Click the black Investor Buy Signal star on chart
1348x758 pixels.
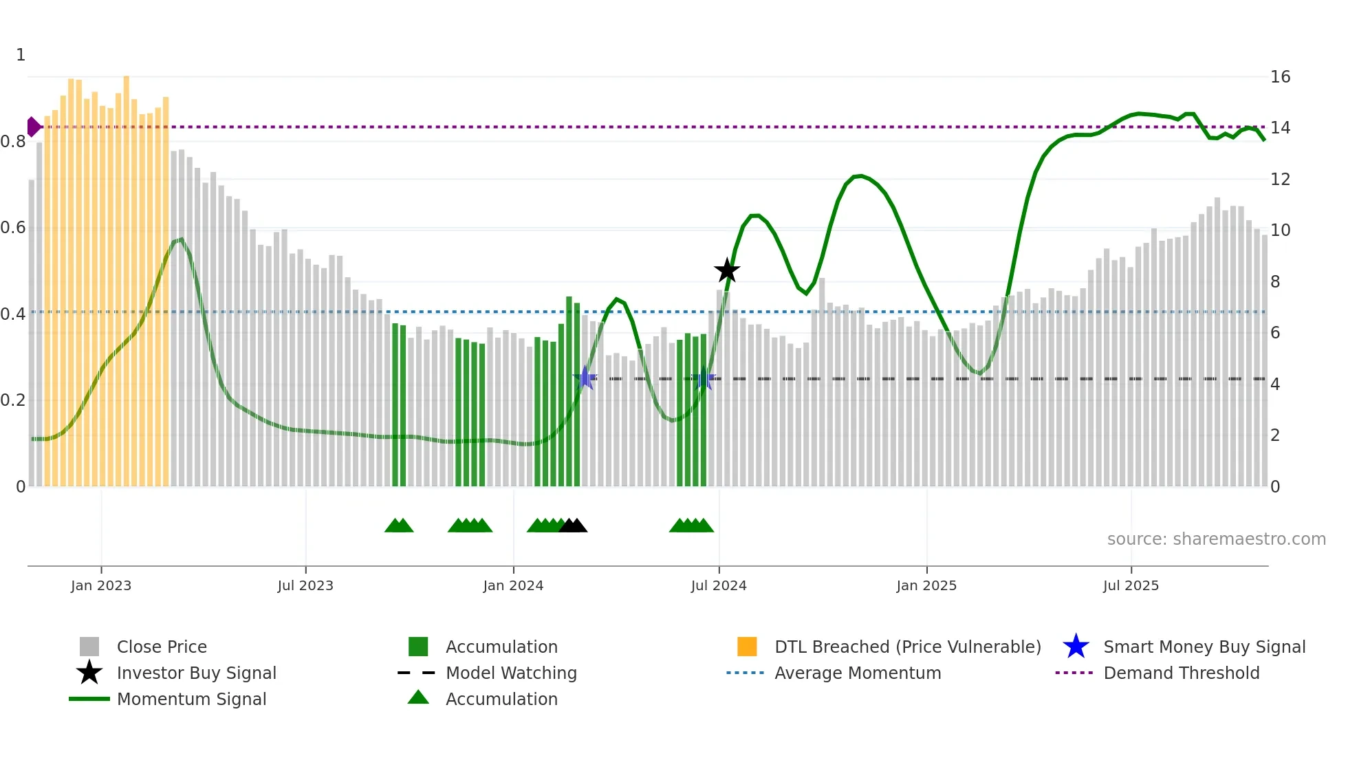pyautogui.click(x=727, y=270)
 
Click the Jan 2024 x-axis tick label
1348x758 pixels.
pyautogui.click(x=513, y=585)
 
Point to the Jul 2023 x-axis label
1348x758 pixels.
pyautogui.click(x=305, y=585)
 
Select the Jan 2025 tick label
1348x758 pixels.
pyautogui.click(x=926, y=585)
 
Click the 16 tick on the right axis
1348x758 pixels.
pyautogui.click(x=1280, y=77)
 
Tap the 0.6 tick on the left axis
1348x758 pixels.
pyautogui.click(x=13, y=228)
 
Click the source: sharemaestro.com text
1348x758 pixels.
pyautogui.click(x=1216, y=539)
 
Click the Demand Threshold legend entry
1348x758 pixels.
pyautogui.click(x=1181, y=673)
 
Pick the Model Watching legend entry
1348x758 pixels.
pyautogui.click(x=510, y=673)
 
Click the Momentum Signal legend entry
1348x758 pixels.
pyautogui.click(x=191, y=699)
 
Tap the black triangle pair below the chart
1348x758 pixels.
pyautogui.click(x=573, y=526)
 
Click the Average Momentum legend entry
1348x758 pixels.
pyautogui.click(x=857, y=673)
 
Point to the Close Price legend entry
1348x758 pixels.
pyautogui.click(x=161, y=647)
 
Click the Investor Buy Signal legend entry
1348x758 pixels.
pyautogui.click(x=196, y=673)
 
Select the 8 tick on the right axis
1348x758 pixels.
pyautogui.click(x=1275, y=282)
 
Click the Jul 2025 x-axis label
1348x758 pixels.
pyautogui.click(x=1131, y=585)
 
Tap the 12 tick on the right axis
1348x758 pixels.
pyautogui.click(x=1280, y=180)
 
